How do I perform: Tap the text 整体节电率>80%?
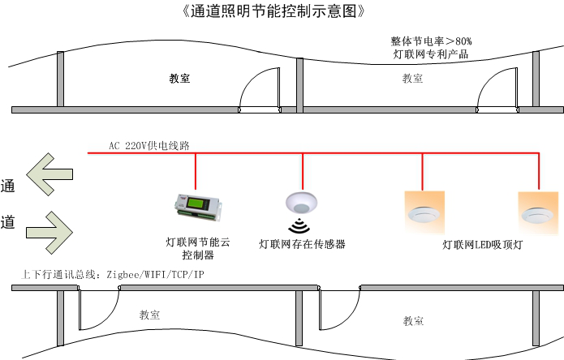tap(431, 41)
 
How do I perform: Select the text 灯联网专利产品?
tap(430, 55)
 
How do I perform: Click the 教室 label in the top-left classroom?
tap(179, 79)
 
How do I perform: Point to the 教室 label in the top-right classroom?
tap(412, 79)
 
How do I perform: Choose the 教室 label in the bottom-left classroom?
tap(149, 315)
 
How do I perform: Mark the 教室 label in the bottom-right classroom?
tap(414, 321)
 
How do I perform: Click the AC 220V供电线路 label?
tap(149, 145)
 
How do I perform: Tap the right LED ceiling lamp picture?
tap(538, 212)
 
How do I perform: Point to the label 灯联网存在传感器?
tap(302, 244)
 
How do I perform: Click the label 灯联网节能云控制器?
tap(197, 248)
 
